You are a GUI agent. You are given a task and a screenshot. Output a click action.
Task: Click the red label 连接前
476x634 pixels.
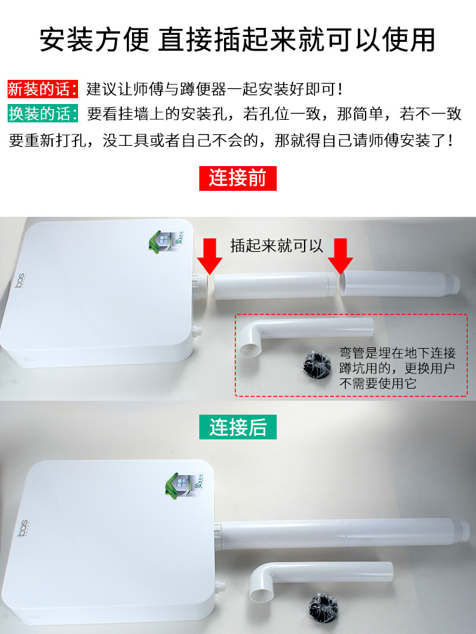coord(237,178)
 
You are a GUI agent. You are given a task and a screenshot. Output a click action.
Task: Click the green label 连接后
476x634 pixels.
coord(237,427)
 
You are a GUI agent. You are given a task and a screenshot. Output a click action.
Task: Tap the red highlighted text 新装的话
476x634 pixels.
coord(43,89)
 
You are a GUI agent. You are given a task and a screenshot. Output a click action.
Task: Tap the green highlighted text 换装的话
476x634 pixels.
coord(43,113)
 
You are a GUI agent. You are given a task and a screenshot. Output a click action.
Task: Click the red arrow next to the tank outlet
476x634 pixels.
coord(209,256)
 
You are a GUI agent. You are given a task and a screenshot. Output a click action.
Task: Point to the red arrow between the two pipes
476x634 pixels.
coord(340,256)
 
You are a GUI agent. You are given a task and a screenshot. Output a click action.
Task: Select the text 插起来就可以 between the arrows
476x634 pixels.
coord(277,245)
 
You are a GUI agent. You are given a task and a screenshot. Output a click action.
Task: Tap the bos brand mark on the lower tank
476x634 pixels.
coord(23,528)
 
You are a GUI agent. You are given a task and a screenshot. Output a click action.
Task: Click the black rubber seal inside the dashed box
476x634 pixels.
coord(317,365)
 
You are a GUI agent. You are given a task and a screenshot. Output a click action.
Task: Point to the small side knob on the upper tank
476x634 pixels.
coord(197,332)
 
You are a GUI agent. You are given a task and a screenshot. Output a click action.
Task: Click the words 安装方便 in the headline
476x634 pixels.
coord(95,39)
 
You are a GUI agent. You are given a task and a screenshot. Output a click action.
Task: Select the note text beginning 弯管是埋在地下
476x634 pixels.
coord(397,368)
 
